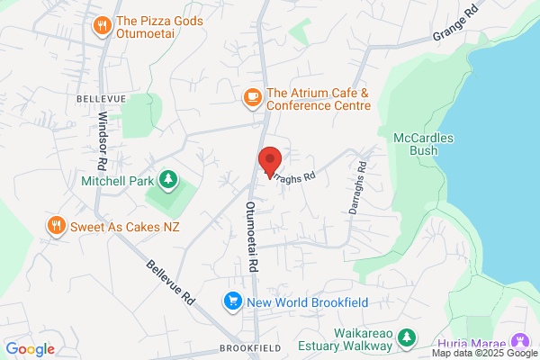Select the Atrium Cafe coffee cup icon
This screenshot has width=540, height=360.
[x=252, y=94]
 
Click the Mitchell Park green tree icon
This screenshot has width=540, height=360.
[x=167, y=179]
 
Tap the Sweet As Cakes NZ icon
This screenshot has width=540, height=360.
[x=57, y=226]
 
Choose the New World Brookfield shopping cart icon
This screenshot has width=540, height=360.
[x=232, y=301]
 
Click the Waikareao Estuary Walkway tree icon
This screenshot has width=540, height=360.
[x=408, y=337]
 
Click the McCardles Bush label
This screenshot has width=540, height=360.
[x=424, y=144]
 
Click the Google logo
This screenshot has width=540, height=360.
[x=30, y=349]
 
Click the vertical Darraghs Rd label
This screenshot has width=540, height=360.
[x=358, y=186]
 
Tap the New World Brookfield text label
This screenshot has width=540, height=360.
[x=306, y=301]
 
